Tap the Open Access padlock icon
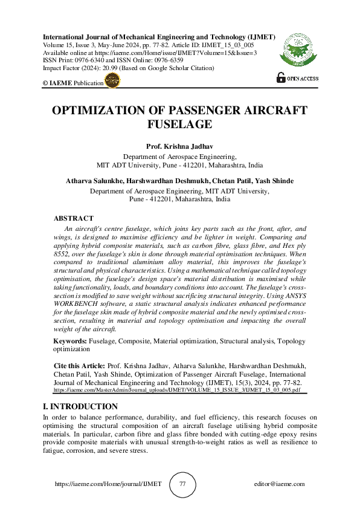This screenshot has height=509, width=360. pos(280,77)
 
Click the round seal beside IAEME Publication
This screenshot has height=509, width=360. pos(112,83)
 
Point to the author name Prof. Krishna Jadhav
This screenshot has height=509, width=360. pos(179,147)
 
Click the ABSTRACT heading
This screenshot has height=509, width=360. pos(74,218)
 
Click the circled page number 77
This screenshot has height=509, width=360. pos(183,484)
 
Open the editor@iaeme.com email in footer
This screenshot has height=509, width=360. pos(280,484)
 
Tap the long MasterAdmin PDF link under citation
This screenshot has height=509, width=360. pos(176,391)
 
